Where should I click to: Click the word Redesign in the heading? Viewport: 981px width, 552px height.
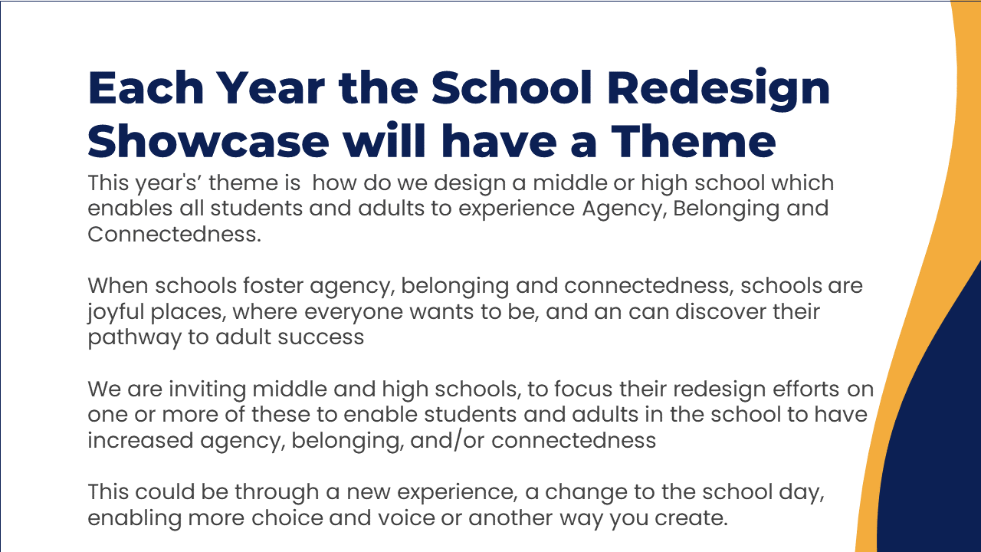point(718,89)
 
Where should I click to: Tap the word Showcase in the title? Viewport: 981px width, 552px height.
point(208,141)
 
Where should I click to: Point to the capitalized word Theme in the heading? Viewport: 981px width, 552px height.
point(694,140)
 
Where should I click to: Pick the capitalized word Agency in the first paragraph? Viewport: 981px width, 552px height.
point(625,209)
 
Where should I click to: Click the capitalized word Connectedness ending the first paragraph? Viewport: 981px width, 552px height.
point(174,234)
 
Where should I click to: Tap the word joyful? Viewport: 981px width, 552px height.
point(116,313)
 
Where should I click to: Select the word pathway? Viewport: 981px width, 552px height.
point(134,338)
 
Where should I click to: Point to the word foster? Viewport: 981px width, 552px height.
point(274,286)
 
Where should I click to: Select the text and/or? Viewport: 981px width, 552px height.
point(447,440)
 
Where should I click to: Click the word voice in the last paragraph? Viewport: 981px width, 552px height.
point(406,517)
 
